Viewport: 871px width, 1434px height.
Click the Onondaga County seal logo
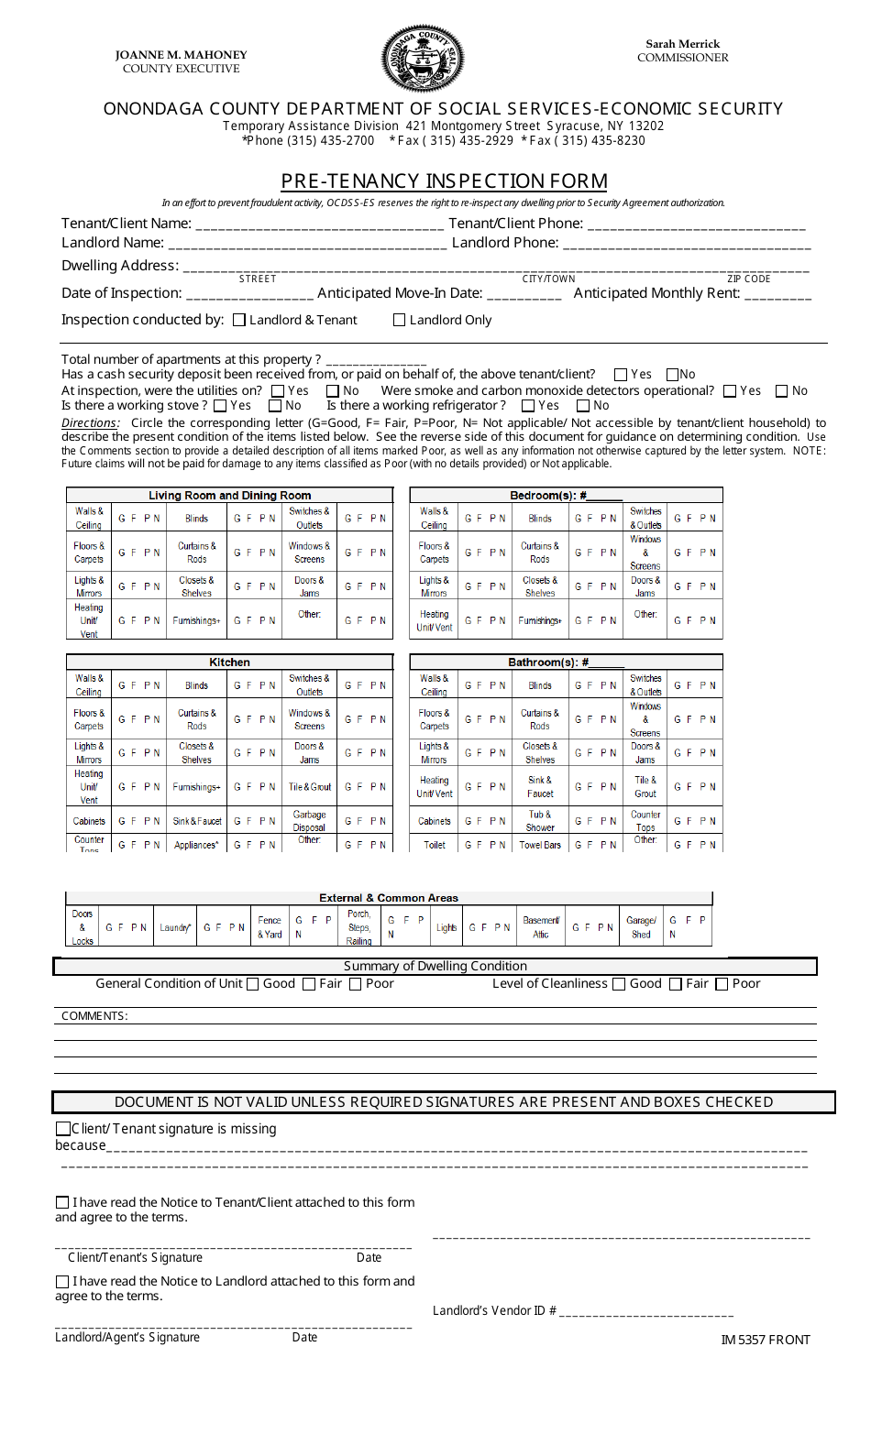[422, 59]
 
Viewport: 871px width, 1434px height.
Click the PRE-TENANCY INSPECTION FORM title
[444, 181]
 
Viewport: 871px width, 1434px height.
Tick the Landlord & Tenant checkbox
[239, 320]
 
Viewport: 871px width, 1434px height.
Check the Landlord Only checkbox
[399, 320]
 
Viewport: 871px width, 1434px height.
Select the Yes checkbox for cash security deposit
[621, 375]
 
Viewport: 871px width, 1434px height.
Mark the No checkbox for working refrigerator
[583, 406]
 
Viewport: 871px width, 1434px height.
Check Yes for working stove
[220, 406]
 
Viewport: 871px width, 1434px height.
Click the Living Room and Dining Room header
[229, 496]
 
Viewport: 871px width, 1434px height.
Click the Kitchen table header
[229, 662]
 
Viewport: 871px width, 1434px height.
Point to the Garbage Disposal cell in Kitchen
[309, 821]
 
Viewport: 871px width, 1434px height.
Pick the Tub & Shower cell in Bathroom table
[540, 821]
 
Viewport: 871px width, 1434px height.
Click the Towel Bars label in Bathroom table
[540, 845]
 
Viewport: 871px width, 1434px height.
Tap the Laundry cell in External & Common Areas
[175, 927]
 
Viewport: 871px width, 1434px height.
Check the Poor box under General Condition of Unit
[356, 984]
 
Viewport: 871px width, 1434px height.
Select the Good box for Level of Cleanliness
[619, 984]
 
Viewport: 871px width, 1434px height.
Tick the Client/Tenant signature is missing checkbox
[63, 1129]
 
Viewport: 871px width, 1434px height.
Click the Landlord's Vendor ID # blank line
[645, 1312]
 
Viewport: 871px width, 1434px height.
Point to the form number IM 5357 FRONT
[766, 1340]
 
